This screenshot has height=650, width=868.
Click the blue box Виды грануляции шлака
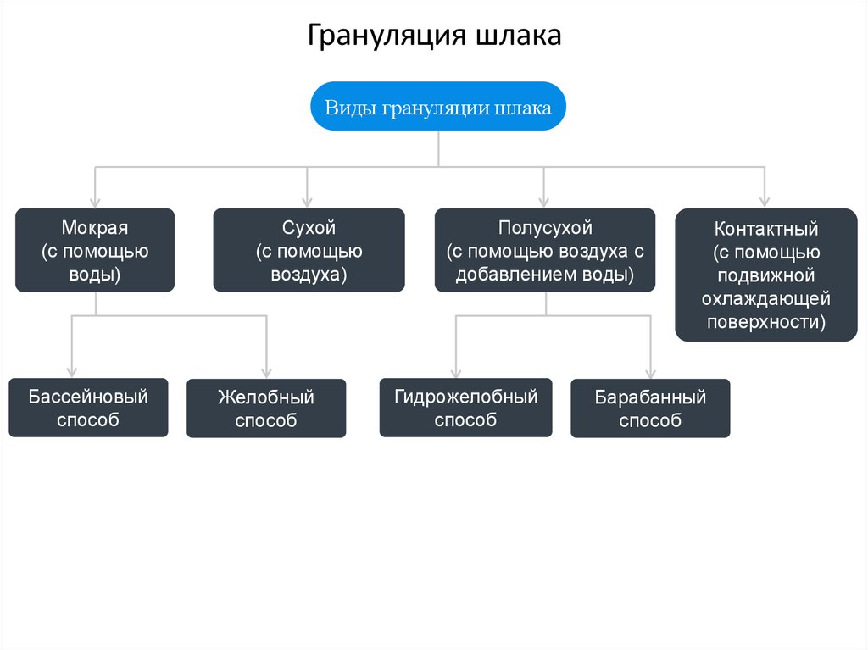pyautogui.click(x=438, y=106)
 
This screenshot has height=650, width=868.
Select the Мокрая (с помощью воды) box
pyautogui.click(x=95, y=250)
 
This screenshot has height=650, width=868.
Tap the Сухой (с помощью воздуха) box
pyautogui.click(x=309, y=250)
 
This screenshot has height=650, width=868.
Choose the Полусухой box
pyautogui.click(x=545, y=250)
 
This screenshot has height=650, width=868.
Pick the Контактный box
pyautogui.click(x=766, y=275)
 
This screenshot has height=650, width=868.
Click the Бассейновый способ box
pyautogui.click(x=88, y=408)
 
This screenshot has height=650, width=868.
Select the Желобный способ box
pyautogui.click(x=266, y=408)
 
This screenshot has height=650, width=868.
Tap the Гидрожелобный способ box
pyautogui.click(x=466, y=408)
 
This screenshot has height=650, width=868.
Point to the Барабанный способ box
pyautogui.click(x=650, y=408)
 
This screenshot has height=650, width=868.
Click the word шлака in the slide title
pyautogui.click(x=518, y=35)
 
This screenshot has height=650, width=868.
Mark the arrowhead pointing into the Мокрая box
pyautogui.click(x=95, y=202)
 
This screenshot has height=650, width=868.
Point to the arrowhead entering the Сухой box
pyautogui.click(x=307, y=202)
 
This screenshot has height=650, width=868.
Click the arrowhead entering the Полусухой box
pyautogui.click(x=544, y=202)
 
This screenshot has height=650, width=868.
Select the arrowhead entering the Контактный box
pyautogui.click(x=765, y=202)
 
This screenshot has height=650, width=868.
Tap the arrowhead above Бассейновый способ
pyautogui.click(x=71, y=371)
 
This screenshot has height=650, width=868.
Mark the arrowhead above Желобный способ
pyautogui.click(x=267, y=372)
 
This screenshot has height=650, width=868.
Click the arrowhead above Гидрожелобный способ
pyautogui.click(x=456, y=371)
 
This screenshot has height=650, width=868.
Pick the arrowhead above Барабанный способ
pyautogui.click(x=650, y=372)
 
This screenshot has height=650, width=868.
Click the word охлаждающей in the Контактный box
pyautogui.click(x=766, y=298)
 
